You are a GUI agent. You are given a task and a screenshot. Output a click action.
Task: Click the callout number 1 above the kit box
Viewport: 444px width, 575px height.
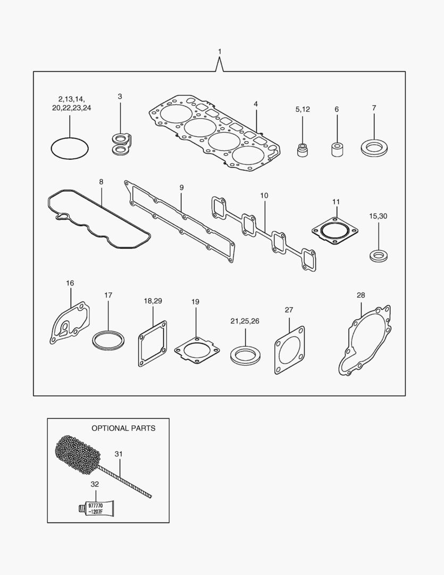click(x=220, y=51)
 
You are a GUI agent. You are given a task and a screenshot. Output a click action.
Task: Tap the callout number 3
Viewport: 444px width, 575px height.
click(x=120, y=96)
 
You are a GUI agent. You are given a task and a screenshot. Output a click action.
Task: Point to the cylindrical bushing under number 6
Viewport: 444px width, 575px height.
click(x=337, y=149)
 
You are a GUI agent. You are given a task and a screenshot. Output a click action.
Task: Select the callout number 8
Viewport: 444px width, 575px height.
click(x=101, y=182)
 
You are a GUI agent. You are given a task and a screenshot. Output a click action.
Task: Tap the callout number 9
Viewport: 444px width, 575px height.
click(x=181, y=187)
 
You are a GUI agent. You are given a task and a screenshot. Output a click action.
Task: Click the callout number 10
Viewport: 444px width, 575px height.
click(x=264, y=195)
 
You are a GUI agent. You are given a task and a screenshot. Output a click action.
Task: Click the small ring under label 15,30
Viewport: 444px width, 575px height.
click(x=379, y=254)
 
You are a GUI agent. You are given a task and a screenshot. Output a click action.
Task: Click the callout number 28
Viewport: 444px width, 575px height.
click(x=361, y=295)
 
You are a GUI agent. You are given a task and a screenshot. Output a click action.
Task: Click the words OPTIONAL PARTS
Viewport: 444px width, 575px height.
click(x=123, y=428)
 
